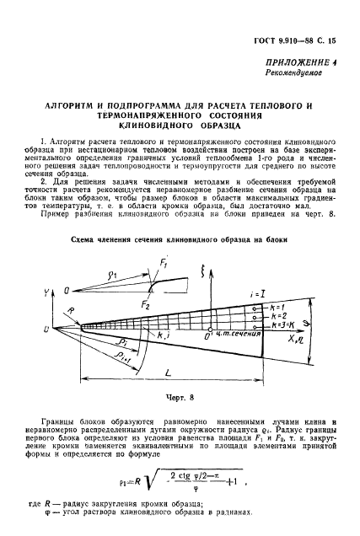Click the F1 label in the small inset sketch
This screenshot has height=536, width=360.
(x=164, y=265)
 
